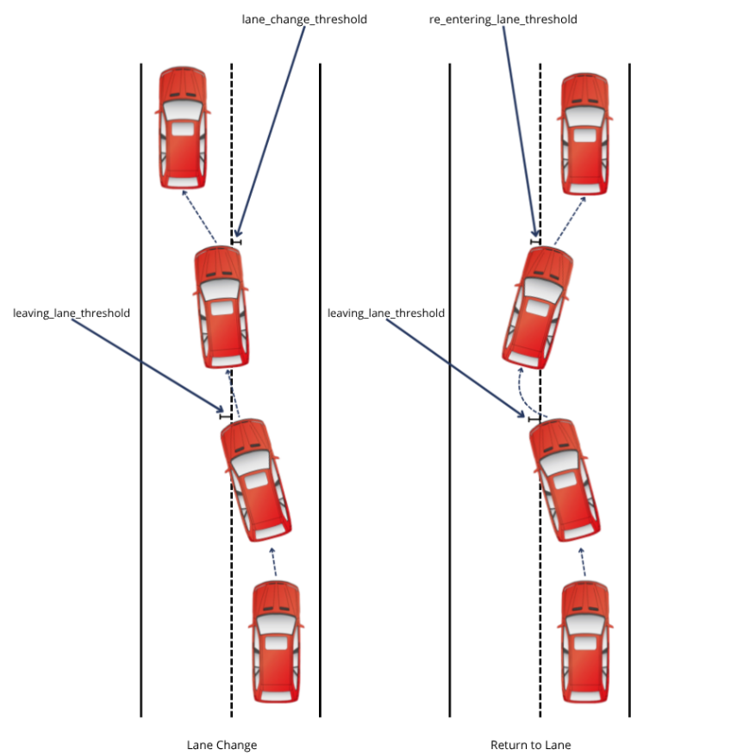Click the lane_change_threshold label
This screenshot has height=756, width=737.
click(x=304, y=19)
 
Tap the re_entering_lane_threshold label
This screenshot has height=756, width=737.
click(x=503, y=19)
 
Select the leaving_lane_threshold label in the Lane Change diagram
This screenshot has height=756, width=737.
click(x=72, y=313)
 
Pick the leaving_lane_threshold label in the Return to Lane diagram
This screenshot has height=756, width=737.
click(x=386, y=313)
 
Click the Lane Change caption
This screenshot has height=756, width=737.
click(x=222, y=745)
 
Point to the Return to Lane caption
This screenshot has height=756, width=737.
click(x=531, y=745)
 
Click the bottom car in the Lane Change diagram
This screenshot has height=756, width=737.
click(x=277, y=641)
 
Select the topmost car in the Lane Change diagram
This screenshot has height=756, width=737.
click(x=183, y=128)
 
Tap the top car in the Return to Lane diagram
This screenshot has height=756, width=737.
click(x=585, y=133)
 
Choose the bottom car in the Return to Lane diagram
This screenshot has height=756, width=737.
click(x=585, y=641)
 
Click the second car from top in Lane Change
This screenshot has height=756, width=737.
click(x=222, y=307)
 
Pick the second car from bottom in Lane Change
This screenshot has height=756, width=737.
click(x=255, y=479)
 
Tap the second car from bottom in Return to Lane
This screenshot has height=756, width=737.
click(x=565, y=479)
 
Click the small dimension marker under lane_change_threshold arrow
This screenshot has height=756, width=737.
click(x=236, y=242)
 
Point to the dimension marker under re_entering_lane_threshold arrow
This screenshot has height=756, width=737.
click(x=535, y=242)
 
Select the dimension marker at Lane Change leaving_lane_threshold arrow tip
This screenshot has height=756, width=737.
click(x=226, y=416)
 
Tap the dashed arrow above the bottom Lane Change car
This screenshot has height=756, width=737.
click(x=274, y=561)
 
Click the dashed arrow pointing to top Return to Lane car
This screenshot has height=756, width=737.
click(x=569, y=218)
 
